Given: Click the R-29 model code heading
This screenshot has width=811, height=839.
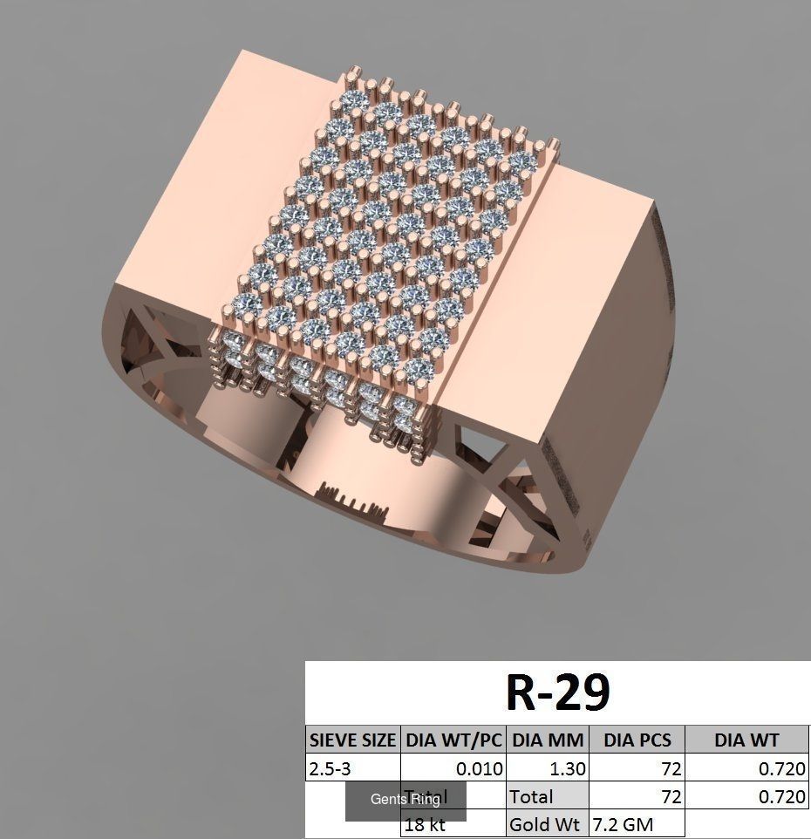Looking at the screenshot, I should tap(558, 693).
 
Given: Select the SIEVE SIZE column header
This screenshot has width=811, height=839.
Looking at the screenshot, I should tap(352, 740).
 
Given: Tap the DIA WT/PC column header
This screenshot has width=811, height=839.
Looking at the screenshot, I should tap(453, 740).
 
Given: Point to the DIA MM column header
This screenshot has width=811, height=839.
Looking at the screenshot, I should tap(547, 740).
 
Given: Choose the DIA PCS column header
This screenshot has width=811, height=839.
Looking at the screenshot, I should tap(637, 740).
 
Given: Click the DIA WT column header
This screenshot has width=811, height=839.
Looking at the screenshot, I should tap(746, 740).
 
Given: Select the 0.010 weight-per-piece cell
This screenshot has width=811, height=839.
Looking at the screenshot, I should tap(480, 769).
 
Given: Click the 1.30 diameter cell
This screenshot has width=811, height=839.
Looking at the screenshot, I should tap(568, 769).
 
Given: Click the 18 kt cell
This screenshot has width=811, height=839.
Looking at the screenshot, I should tap(425, 824).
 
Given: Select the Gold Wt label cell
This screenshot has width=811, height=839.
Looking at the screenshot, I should tap(547, 824).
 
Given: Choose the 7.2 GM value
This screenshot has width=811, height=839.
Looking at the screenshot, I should tap(623, 824).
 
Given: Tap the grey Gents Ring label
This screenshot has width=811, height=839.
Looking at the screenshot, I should tap(405, 800).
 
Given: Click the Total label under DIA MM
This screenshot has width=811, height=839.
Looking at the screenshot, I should tap(531, 796).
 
